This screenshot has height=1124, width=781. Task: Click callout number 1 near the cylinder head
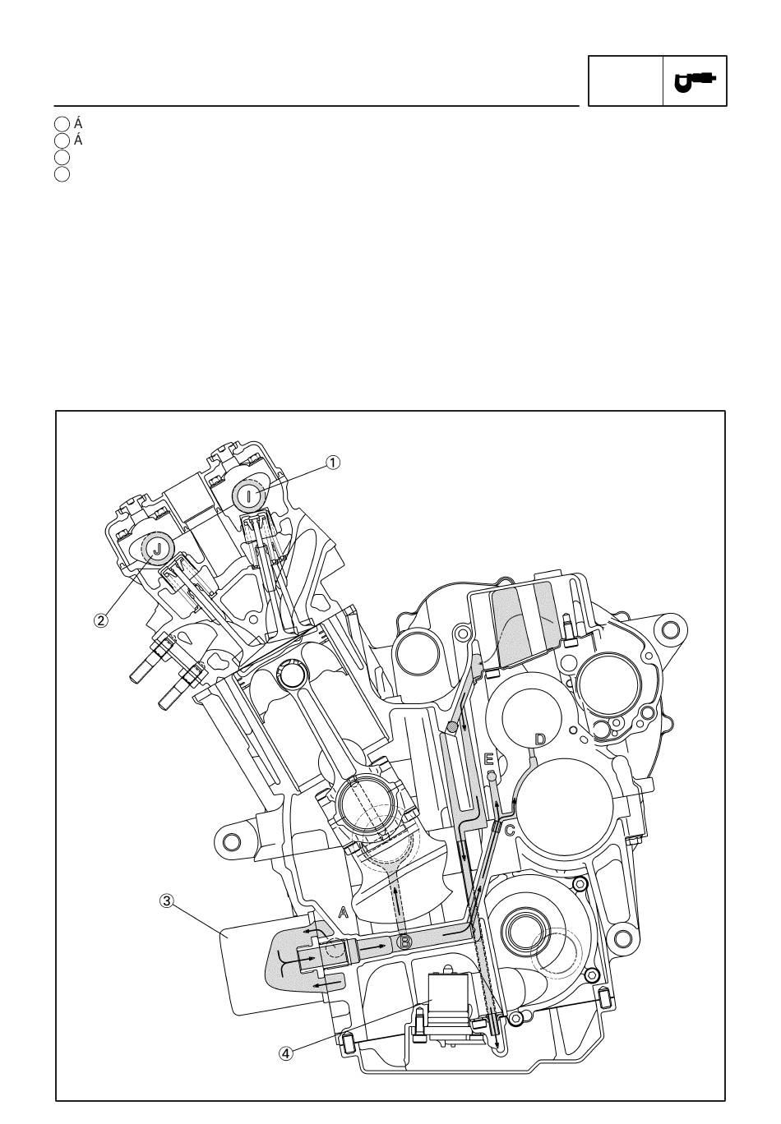tap(332, 462)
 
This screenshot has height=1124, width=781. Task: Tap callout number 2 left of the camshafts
tap(101, 620)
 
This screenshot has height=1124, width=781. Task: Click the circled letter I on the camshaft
tap(249, 496)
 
